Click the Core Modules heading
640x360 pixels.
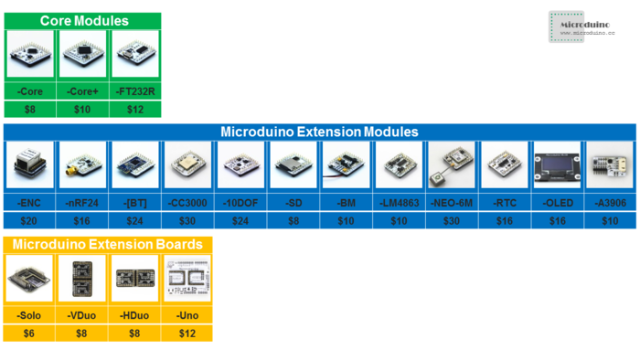(84, 20)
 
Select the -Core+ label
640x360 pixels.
(84, 91)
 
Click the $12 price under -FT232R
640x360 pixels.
(134, 109)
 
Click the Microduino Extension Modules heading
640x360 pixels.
(319, 132)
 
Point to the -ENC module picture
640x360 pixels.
(29, 165)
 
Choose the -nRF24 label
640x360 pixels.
(82, 202)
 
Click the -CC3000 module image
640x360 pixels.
(188, 165)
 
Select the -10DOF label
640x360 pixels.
(240, 202)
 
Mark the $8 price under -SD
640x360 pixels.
(293, 220)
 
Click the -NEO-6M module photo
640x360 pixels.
(451, 165)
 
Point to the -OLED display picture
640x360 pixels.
(557, 165)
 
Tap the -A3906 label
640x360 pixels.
(609, 202)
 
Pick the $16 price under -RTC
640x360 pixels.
(504, 220)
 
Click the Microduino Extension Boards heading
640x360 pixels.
(108, 245)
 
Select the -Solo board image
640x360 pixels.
(29, 280)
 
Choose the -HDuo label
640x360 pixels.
(134, 315)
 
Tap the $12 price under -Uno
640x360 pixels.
(187, 334)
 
